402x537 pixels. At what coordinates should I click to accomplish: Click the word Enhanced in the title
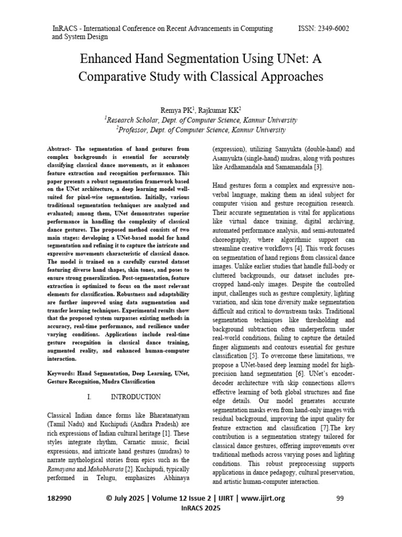coord(108,58)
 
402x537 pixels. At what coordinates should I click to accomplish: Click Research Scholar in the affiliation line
coord(137,120)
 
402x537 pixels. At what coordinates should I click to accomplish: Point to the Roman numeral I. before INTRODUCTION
coord(90,397)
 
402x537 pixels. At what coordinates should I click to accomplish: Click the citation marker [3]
coord(318,167)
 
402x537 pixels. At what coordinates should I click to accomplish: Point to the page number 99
coord(339,499)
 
